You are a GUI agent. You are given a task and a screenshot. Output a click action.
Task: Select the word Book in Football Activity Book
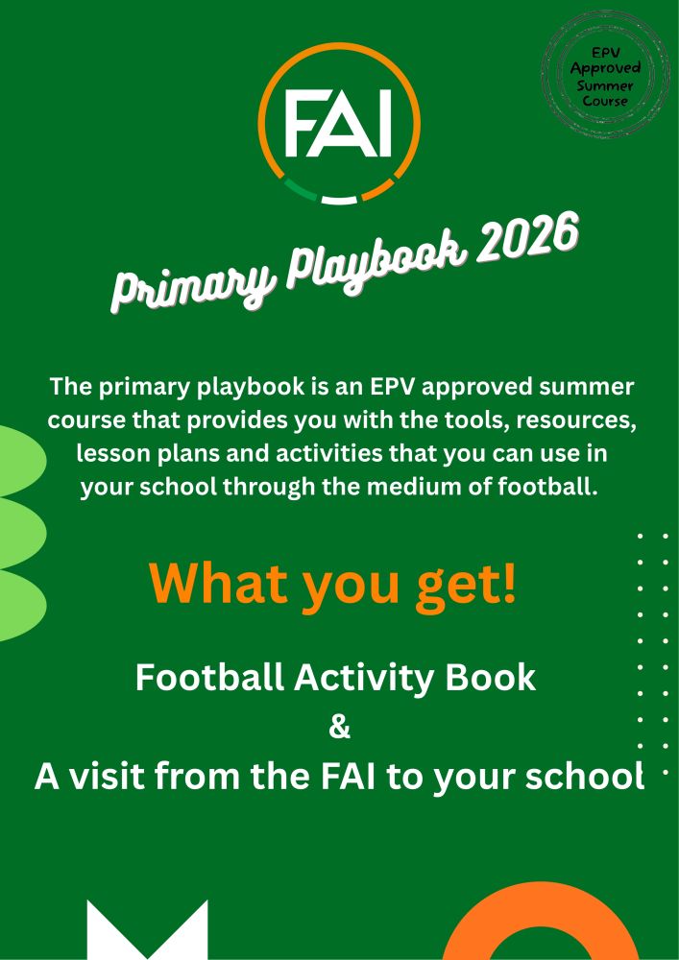[x=496, y=678]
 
